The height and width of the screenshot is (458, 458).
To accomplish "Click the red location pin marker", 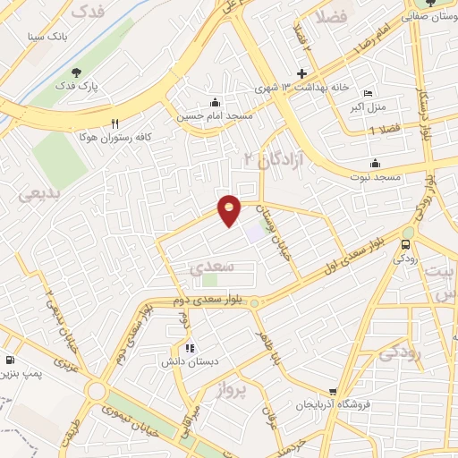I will pos(230,210).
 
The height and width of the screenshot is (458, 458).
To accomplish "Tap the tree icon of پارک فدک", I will pos(76,72).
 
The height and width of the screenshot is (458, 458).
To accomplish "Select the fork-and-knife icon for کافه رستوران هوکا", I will pos(114,123).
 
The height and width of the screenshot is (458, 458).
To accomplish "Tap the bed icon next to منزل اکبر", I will pos(368,93).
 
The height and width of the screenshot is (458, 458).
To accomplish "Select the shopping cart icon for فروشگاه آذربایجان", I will pos(333,391).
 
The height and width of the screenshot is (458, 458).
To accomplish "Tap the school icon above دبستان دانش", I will pos(189,347).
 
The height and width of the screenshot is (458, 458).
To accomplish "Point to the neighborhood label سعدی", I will pos(211,267).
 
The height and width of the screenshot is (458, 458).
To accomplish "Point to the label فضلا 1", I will pos(385,131).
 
